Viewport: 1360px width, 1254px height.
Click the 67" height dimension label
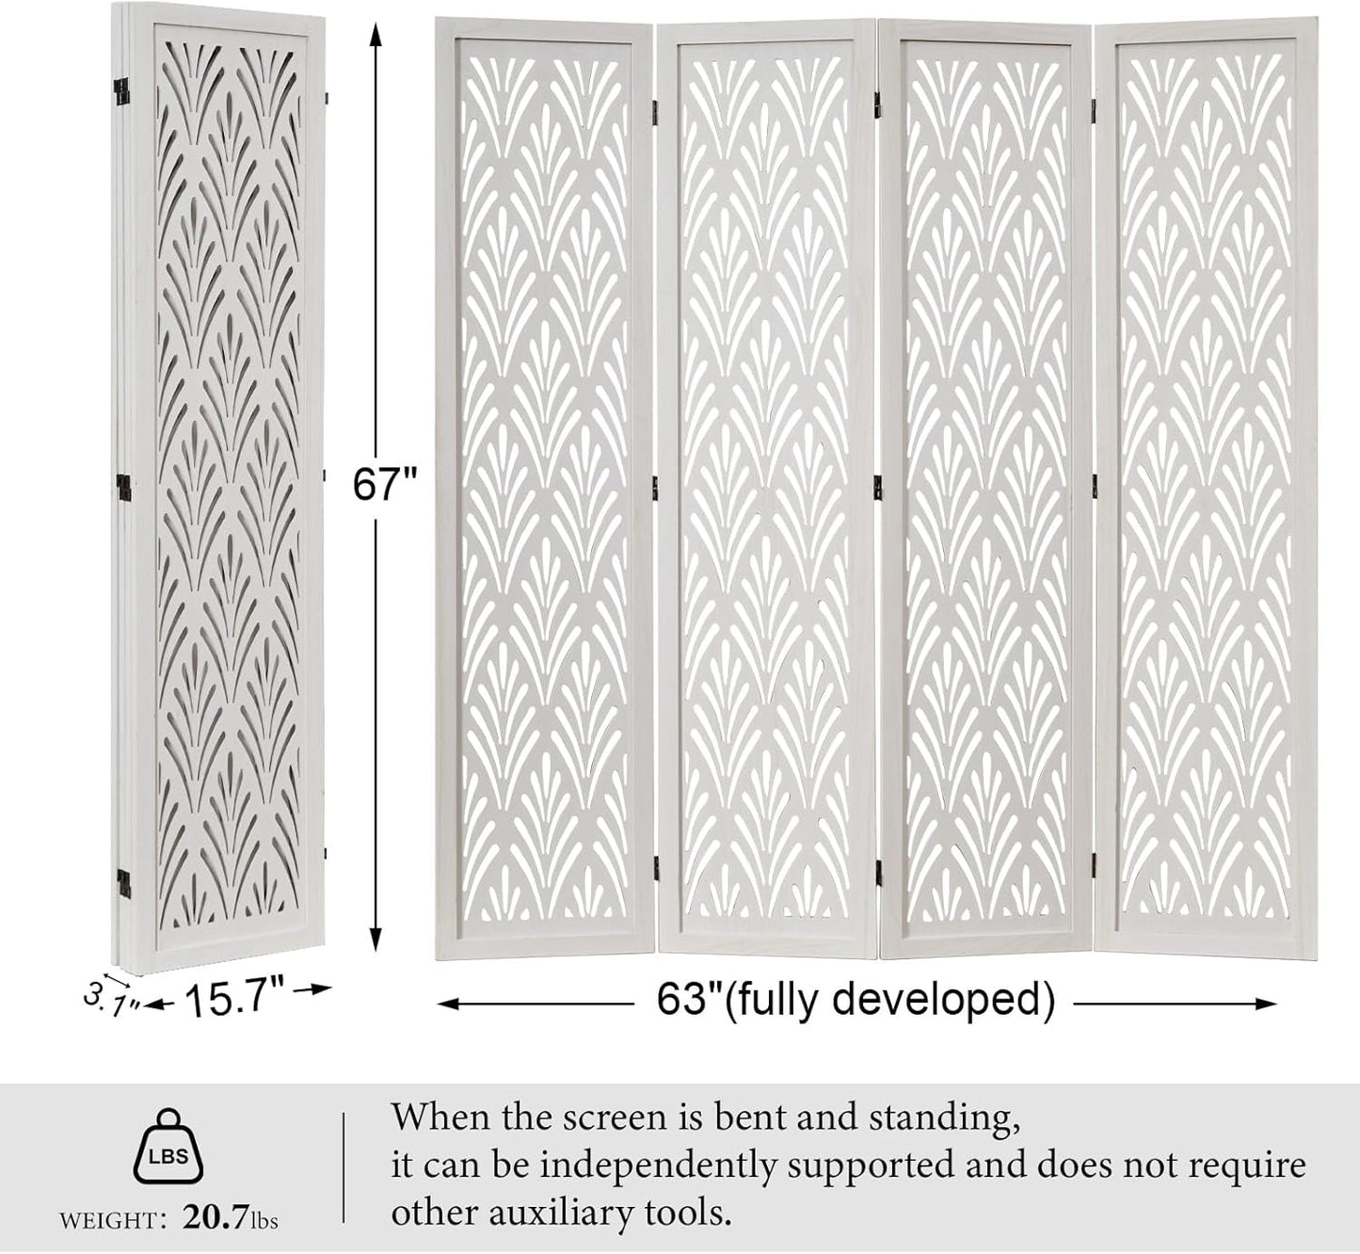pos(384,485)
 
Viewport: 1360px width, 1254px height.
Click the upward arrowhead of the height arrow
pos(376,33)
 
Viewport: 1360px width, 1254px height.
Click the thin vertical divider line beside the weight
pos(343,1167)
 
